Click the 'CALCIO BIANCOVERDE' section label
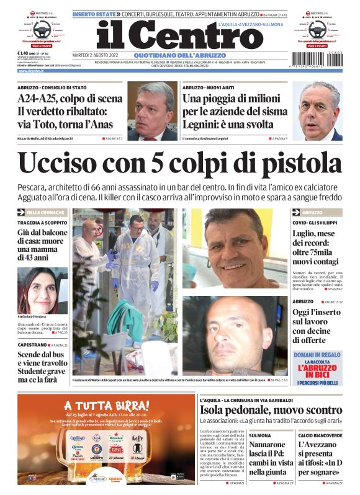pyautogui.click(x=319, y=435)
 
